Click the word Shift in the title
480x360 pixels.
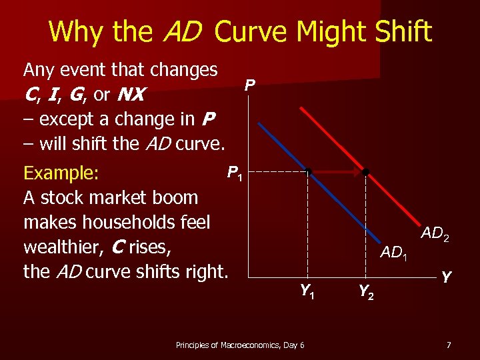399,31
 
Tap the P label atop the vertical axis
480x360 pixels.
249,85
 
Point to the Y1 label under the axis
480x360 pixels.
307,291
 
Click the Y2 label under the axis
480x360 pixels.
366,291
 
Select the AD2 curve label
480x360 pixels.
435,233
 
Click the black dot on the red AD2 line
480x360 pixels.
366,172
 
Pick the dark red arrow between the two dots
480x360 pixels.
337,172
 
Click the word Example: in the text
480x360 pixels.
61,173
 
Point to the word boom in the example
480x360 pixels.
175,198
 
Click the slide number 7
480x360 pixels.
449,345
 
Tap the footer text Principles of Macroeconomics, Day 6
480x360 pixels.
240,345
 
